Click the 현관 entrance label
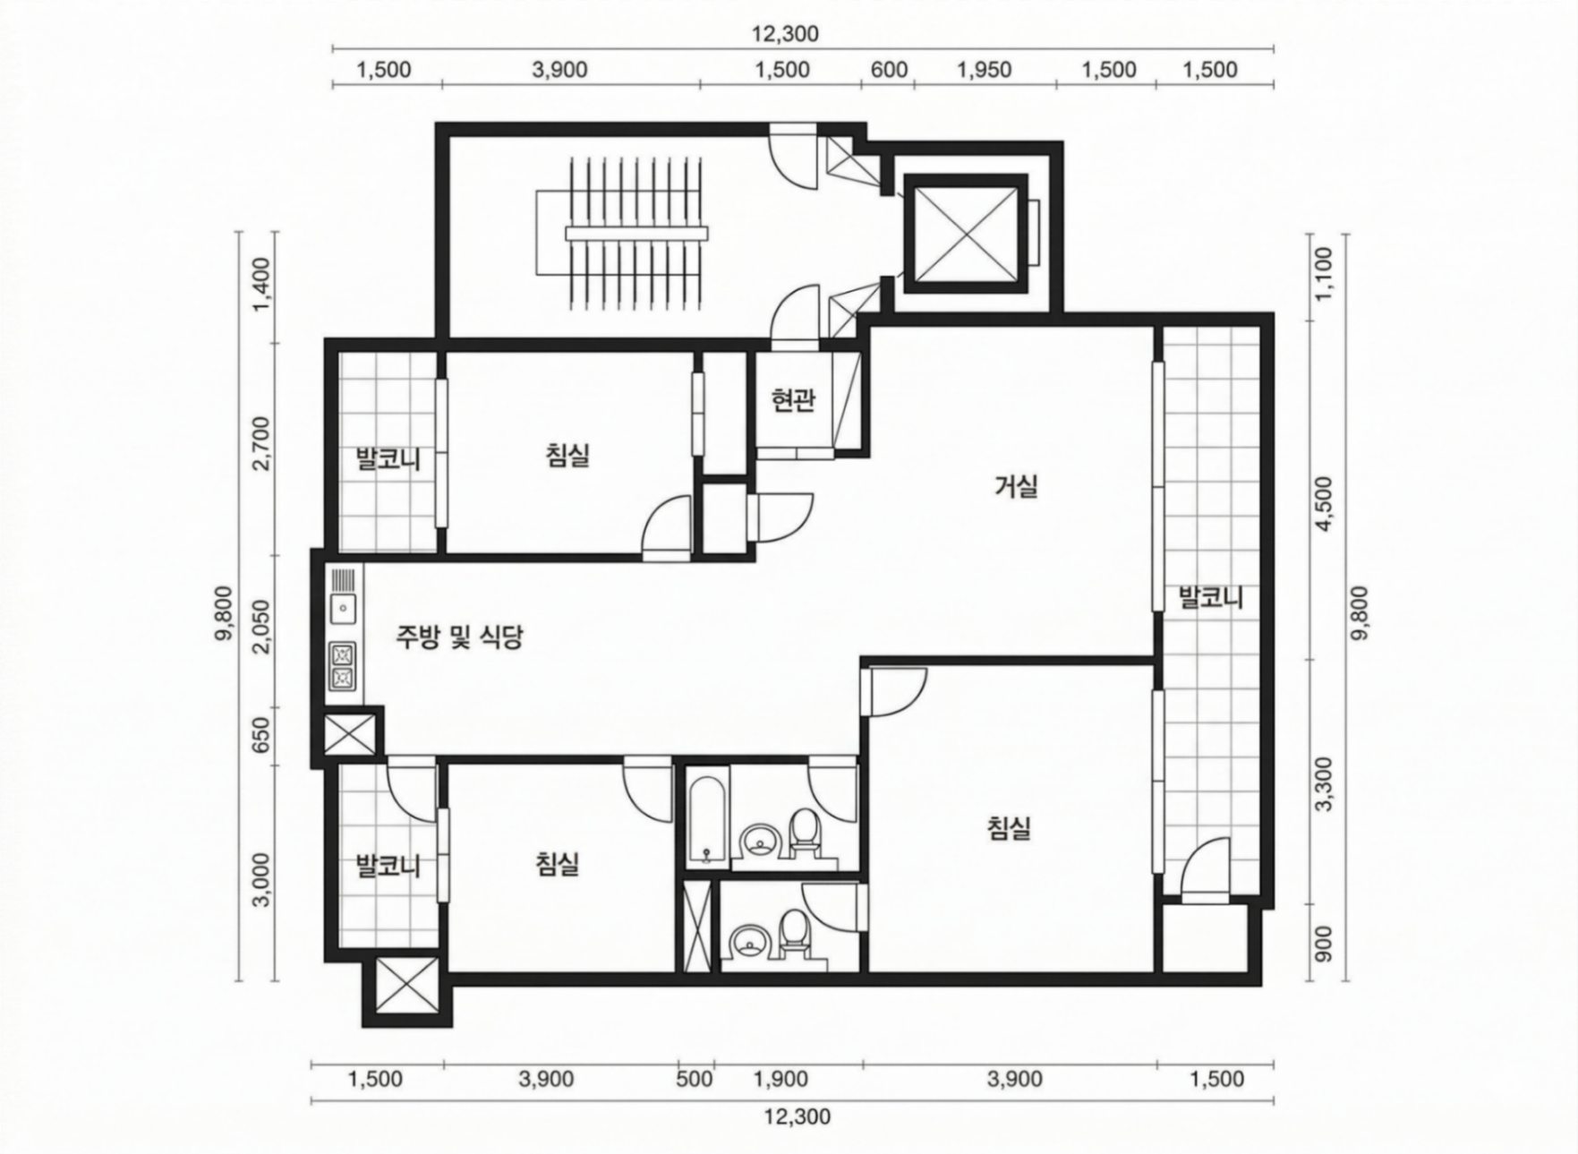(793, 401)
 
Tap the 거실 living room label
(1016, 487)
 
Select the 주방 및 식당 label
(459, 637)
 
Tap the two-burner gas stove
(343, 667)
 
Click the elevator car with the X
(963, 233)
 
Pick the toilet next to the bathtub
(805, 830)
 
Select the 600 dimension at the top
(889, 70)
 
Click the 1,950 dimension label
(984, 70)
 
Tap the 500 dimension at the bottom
(695, 1078)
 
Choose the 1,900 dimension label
(781, 1078)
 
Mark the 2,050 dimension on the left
(260, 626)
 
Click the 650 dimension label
(260, 735)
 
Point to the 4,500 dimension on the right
(1324, 503)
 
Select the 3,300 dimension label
(1324, 783)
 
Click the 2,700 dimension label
(260, 442)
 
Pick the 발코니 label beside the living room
(1210, 597)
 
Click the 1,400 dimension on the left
(260, 286)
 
